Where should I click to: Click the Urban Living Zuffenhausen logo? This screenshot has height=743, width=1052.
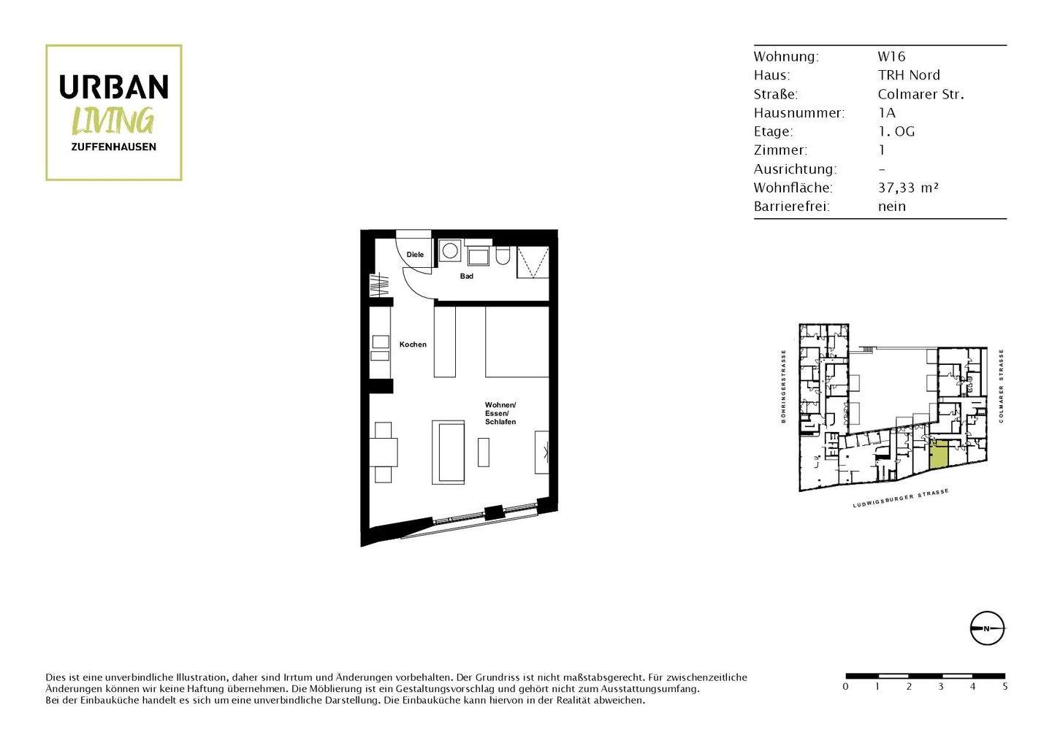tap(113, 112)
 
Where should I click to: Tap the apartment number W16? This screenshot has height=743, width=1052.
tap(891, 56)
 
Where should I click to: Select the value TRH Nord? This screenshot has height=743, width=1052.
tap(909, 75)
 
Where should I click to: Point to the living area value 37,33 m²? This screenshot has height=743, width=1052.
tap(908, 188)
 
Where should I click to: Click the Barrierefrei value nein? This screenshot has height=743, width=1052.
tap(891, 207)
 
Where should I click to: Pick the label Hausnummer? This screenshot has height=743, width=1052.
tap(798, 113)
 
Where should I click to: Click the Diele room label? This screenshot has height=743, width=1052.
tap(415, 255)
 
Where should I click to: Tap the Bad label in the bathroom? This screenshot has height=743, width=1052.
tap(466, 276)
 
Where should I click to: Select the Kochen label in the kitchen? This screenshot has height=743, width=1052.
tap(413, 344)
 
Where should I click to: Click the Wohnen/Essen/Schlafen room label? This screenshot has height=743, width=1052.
tap(500, 413)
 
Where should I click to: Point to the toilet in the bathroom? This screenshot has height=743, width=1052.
tap(502, 256)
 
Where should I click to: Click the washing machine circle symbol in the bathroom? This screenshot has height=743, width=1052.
tap(450, 251)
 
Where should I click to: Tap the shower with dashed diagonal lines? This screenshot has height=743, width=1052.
tap(533, 262)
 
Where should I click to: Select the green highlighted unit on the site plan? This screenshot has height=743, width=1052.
tap(939, 455)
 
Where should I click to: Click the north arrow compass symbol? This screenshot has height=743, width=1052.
tap(987, 628)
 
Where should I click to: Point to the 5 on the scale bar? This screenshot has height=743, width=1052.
tap(1005, 687)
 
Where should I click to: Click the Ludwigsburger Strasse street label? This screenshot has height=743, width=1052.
tap(901, 499)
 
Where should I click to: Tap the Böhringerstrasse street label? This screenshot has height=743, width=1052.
tap(783, 386)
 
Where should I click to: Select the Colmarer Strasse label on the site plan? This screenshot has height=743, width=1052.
tap(1002, 385)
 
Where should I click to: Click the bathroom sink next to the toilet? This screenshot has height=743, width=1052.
tap(479, 257)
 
